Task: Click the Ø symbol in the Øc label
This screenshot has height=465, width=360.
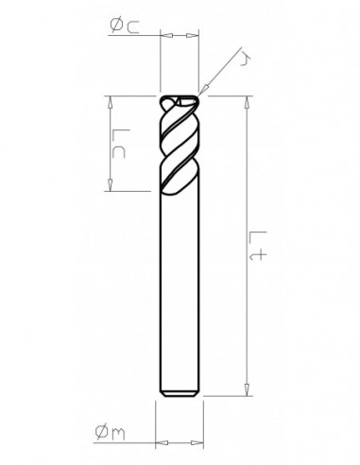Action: coord(114,29)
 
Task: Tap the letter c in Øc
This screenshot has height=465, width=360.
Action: coord(135,29)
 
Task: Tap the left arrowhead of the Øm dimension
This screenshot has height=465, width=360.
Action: coord(158,440)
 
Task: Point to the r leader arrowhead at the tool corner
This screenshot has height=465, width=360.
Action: coord(203,91)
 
